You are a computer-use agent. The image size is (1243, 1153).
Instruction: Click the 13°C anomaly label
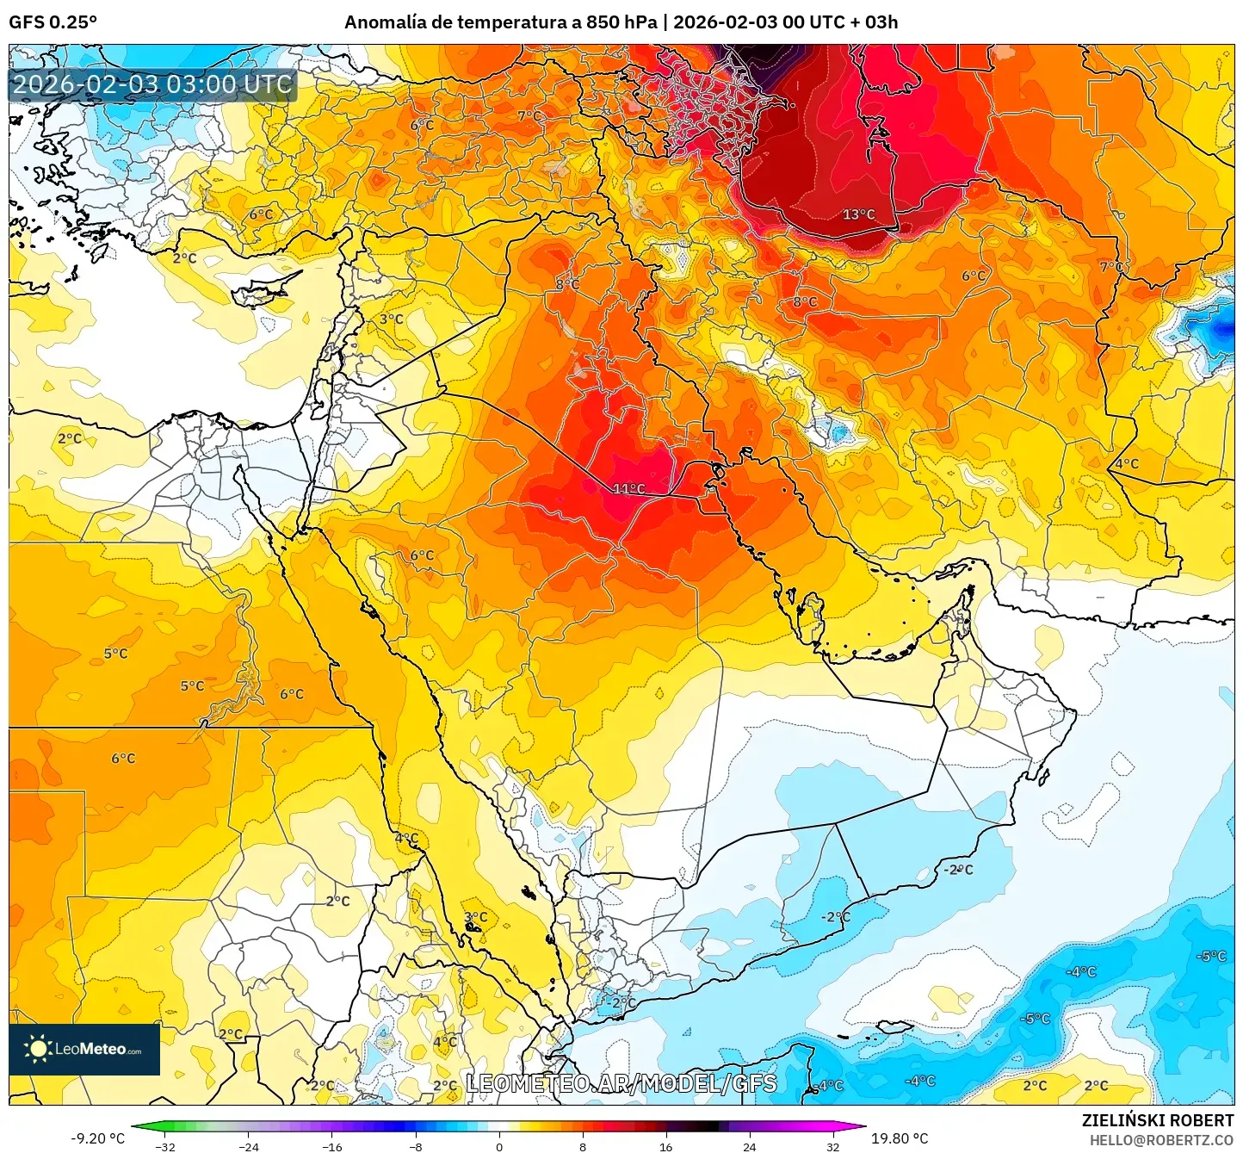[858, 214]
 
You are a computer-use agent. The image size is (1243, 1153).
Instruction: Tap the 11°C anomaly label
[628, 489]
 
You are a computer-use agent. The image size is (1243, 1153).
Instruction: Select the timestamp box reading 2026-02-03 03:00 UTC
[152, 84]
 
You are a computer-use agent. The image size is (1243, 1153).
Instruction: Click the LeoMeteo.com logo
[84, 1049]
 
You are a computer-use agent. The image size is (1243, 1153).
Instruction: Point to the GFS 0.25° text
[53, 22]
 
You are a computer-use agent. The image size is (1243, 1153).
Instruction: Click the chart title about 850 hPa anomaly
[621, 22]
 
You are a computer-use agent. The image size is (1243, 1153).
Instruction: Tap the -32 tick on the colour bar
[165, 1146]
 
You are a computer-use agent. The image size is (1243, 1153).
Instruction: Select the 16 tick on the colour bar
[665, 1146]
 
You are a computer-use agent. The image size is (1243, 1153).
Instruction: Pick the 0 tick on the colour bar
[499, 1146]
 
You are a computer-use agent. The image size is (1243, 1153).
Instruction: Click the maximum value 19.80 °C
[900, 1138]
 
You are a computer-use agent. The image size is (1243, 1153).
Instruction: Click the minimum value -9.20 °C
[97, 1138]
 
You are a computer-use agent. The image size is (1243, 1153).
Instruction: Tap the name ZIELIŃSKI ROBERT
[1158, 1120]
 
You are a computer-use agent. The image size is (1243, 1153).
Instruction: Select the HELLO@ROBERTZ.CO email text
[1161, 1140]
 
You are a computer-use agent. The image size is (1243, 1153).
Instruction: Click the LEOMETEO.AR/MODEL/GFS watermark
[621, 1084]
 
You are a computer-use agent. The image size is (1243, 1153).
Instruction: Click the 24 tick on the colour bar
[749, 1146]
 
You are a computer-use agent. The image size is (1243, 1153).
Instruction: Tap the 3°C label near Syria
[391, 319]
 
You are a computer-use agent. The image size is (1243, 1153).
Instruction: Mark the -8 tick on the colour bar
[416, 1146]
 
